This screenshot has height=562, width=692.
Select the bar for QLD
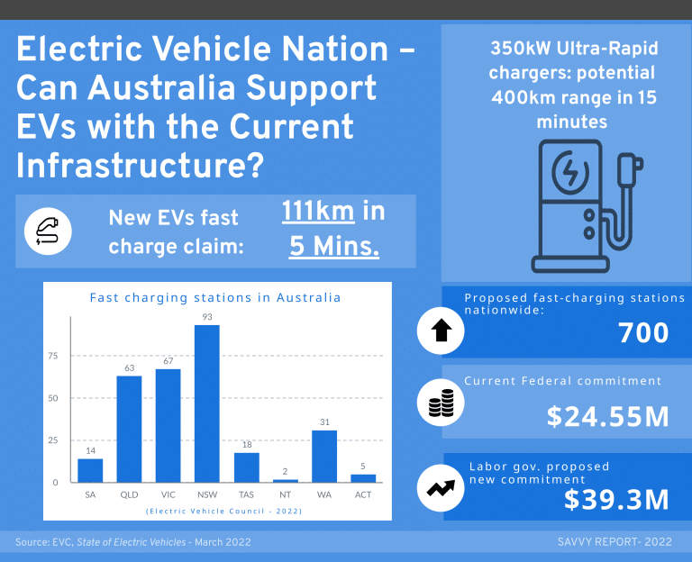click(129, 429)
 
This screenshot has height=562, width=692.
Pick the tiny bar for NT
click(285, 481)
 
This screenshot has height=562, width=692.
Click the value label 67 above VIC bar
click(168, 361)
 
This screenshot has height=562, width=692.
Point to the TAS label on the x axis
click(246, 494)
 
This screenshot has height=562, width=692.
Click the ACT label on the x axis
click(363, 494)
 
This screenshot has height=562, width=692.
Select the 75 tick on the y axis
click(53, 356)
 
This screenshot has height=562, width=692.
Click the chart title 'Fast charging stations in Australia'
click(215, 297)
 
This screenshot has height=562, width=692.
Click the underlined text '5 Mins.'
click(333, 246)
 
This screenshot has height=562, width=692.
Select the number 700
click(643, 333)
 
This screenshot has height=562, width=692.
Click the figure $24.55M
click(607, 417)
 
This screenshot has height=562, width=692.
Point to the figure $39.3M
click(616, 500)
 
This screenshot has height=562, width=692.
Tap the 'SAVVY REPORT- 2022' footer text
click(615, 542)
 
